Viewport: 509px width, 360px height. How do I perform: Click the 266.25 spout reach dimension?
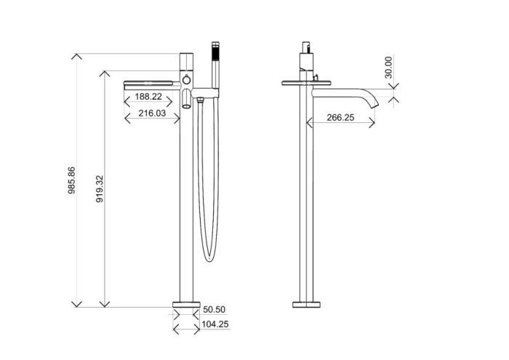click(340, 117)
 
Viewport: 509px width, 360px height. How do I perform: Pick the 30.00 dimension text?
click(389, 67)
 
